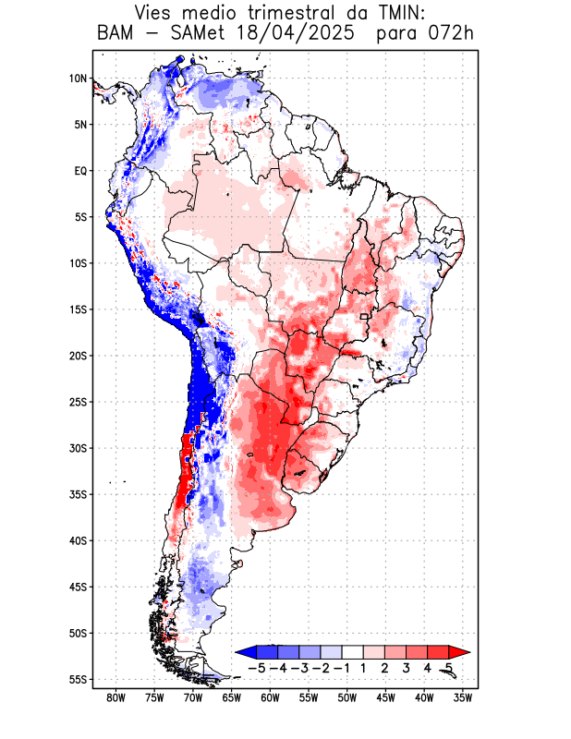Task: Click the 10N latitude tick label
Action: coord(79,79)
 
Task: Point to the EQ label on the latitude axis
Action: coord(80,171)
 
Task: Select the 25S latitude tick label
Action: coord(79,402)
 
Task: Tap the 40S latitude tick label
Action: coord(79,540)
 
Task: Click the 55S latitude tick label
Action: coord(79,679)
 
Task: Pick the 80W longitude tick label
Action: coord(115,698)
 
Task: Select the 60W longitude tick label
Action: coord(270,698)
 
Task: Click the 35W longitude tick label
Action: coord(463,698)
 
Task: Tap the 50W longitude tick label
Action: coord(346,698)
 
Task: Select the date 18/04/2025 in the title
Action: coord(297,35)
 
